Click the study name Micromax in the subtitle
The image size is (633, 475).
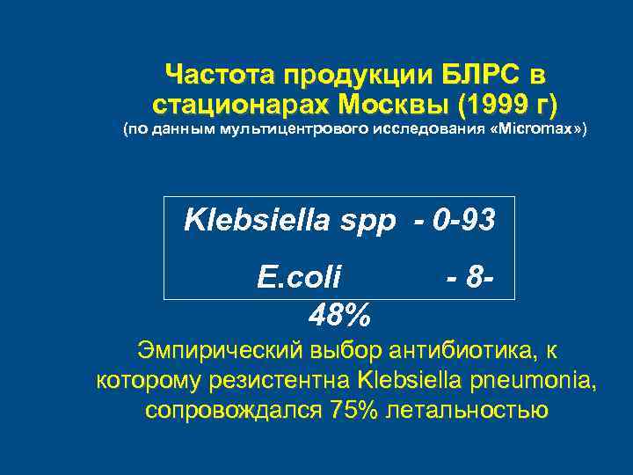(539, 130)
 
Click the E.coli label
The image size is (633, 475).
(300, 279)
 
